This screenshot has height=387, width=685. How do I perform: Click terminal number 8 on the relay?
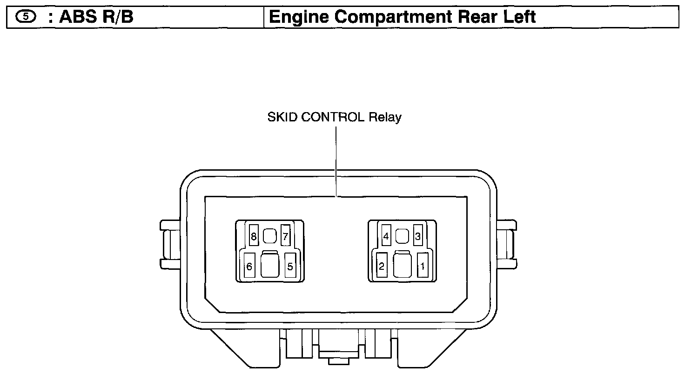254,237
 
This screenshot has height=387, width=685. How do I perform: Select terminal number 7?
286,237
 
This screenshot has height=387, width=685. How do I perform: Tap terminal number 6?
249,267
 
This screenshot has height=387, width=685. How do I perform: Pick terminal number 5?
290,267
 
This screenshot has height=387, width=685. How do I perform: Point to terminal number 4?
386,236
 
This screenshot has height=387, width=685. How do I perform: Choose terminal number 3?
418,236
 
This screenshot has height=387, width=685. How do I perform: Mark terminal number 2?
382,267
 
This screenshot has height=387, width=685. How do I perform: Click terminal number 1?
423,267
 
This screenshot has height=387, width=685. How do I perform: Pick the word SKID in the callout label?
282,117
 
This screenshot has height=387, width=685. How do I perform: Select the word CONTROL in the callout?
333,117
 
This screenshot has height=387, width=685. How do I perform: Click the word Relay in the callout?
385,117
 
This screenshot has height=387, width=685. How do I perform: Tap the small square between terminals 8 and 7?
269,236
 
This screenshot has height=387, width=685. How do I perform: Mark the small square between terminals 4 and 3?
402,236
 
